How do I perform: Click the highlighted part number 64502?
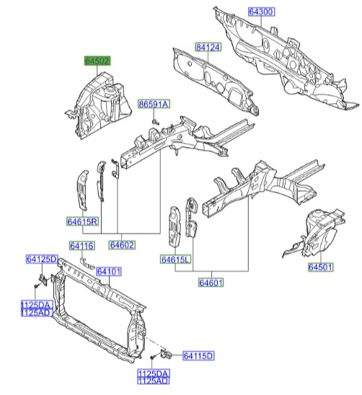tap(97, 63)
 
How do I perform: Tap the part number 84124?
tap(208, 48)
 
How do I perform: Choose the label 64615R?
tap(84, 221)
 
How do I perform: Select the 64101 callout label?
tap(110, 271)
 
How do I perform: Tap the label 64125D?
tap(43, 259)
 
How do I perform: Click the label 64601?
tap(212, 283)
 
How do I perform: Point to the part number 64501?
tap(322, 267)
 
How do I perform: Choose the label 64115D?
tap(199, 355)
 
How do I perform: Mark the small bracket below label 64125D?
tap(42, 279)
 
